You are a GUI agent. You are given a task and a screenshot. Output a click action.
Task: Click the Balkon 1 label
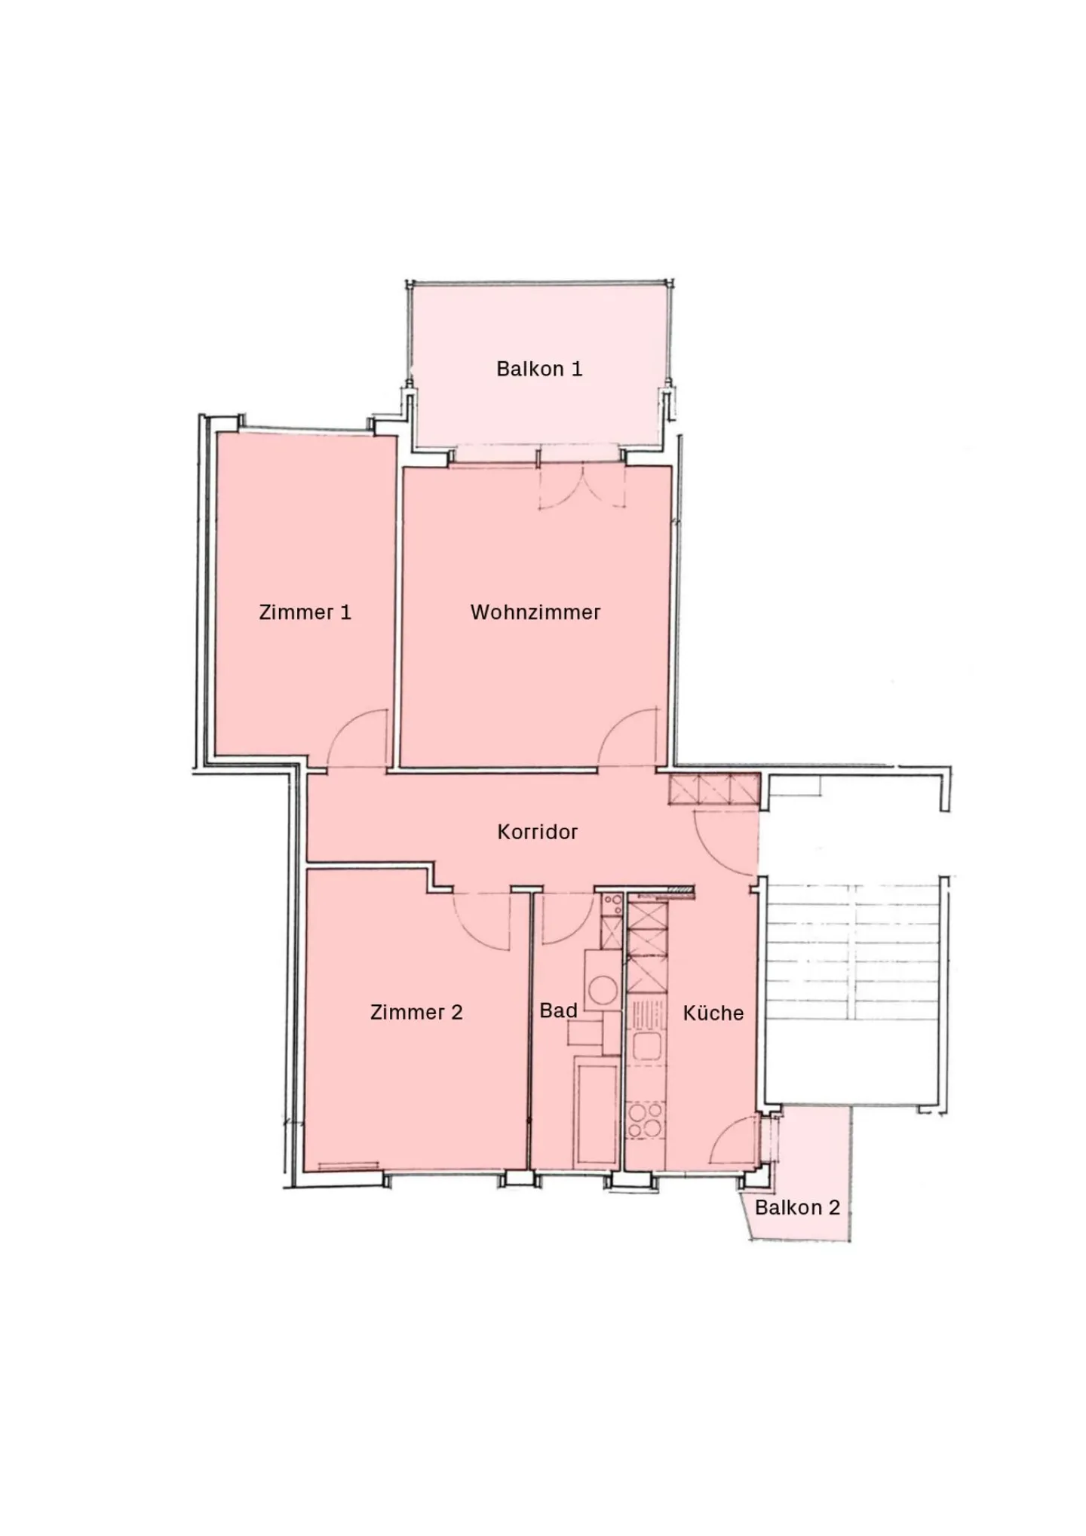(539, 369)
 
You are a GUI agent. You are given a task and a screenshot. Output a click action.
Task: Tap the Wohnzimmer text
(535, 612)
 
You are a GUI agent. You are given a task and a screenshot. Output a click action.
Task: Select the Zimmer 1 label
(305, 612)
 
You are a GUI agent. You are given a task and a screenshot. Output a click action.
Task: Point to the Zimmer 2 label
(416, 1012)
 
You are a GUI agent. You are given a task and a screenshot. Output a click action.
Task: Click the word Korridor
(538, 832)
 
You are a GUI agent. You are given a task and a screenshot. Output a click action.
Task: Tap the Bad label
(559, 1010)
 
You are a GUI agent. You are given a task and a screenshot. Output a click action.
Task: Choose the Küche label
(713, 1012)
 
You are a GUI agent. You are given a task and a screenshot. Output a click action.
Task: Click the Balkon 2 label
(797, 1207)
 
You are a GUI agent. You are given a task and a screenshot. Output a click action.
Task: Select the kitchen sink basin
(646, 1046)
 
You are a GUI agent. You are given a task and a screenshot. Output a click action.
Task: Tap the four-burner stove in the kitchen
(646, 1120)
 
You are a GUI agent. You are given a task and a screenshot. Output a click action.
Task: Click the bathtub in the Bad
(596, 1112)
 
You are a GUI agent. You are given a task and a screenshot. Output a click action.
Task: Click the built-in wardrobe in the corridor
(714, 789)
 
